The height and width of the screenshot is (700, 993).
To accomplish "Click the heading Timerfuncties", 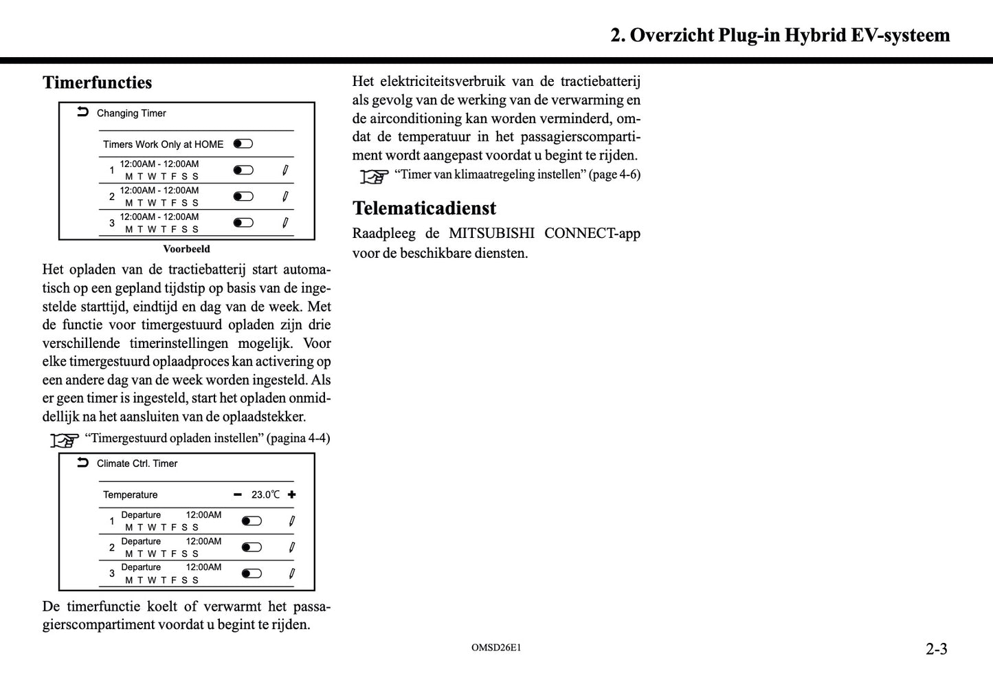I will (x=97, y=83).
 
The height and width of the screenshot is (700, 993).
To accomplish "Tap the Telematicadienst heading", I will (x=424, y=208).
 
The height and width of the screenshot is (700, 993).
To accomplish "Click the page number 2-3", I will (x=936, y=648).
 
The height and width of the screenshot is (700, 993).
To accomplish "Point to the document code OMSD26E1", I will (x=496, y=648).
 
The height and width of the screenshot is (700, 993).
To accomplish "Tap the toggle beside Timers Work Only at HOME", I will (x=243, y=144).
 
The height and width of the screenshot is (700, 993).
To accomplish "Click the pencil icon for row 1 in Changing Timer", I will (x=285, y=170).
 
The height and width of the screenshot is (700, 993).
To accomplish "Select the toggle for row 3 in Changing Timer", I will (x=243, y=223).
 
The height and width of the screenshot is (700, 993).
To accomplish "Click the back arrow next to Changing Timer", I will (x=82, y=112).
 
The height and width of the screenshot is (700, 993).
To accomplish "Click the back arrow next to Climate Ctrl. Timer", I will (x=82, y=463).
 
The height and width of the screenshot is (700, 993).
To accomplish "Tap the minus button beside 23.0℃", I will (x=238, y=494).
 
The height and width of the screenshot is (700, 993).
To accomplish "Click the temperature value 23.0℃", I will (x=265, y=494).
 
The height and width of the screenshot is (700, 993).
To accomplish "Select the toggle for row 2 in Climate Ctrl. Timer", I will (x=252, y=547).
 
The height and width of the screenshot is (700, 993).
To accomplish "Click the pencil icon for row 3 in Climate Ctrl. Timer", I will (x=291, y=573).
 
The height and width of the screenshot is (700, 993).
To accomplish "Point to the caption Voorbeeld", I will (x=186, y=249).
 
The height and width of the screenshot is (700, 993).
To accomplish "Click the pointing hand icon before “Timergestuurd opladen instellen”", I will (x=65, y=439).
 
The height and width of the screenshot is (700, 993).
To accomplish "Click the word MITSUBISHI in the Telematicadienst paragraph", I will (x=491, y=234).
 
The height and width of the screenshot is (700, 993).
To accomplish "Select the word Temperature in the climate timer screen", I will (x=130, y=494).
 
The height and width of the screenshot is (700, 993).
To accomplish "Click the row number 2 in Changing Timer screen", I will (x=112, y=197).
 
